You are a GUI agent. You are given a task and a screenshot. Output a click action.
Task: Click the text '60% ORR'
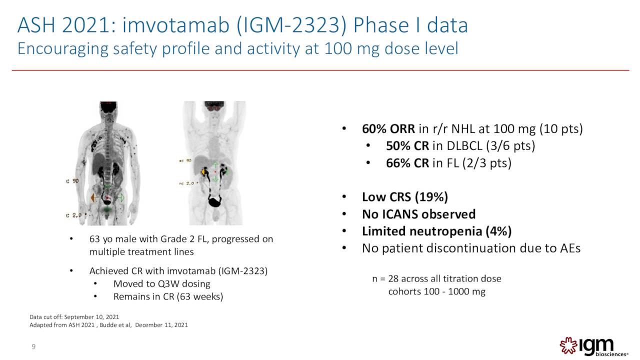click(388, 129)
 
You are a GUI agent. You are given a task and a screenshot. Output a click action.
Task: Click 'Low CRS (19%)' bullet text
click(404, 197)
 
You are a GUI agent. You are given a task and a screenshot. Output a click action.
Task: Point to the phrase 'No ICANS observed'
click(418, 214)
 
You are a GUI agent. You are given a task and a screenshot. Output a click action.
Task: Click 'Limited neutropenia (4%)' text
click(436, 231)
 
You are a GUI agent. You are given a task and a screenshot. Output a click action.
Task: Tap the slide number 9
click(33, 347)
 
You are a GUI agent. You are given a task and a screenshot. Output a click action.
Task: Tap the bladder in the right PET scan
click(216, 201)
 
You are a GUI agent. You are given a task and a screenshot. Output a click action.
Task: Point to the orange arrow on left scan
click(93, 198)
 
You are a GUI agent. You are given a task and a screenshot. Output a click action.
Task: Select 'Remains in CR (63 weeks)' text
click(168, 296)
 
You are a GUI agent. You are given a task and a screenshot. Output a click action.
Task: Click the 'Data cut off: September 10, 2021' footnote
click(74, 316)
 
